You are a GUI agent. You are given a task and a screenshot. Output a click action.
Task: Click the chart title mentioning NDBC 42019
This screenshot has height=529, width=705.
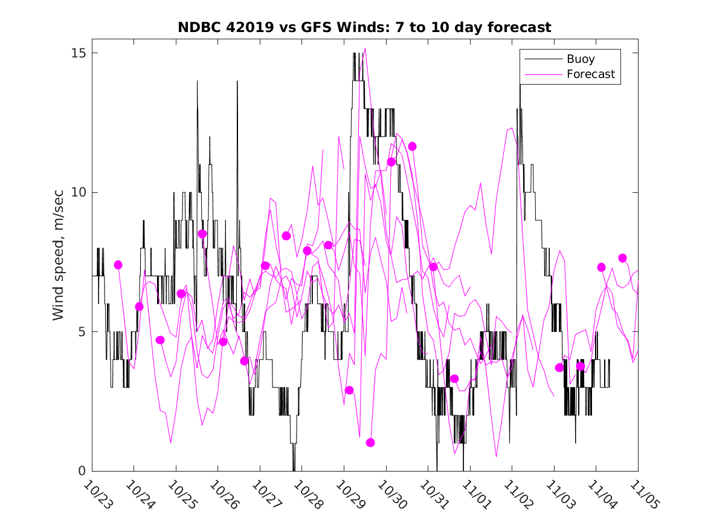pos(364,28)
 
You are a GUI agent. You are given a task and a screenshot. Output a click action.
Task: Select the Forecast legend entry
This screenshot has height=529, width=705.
pos(590,74)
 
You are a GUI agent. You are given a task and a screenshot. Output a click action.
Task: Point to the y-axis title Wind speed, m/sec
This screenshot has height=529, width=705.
pos(59,261)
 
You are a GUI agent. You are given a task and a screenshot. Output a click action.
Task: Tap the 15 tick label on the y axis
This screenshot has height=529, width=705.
pos(77,53)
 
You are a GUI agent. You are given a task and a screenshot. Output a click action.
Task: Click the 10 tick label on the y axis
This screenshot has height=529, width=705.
pos(77,192)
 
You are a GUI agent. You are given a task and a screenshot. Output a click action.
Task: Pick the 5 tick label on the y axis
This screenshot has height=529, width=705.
pos(81,332)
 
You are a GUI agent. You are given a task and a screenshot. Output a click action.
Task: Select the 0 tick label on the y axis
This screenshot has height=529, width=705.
pos(81,471)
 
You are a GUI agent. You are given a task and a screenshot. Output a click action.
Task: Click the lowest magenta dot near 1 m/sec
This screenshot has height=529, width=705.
pos(370,443)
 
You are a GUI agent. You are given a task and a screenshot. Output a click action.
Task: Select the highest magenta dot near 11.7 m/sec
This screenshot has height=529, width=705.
pos(412,146)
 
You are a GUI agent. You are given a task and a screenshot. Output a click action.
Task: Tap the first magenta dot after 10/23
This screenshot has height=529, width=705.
pos(118,265)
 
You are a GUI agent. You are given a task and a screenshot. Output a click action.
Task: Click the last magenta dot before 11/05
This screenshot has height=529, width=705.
pos(622,258)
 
